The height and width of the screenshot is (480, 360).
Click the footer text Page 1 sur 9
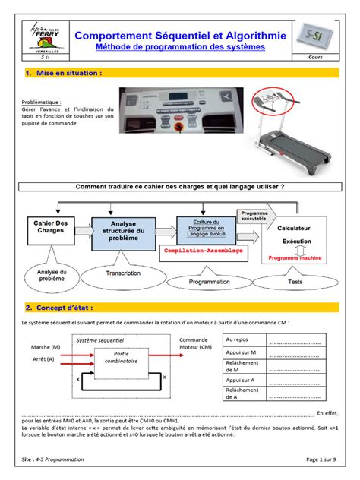324,460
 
